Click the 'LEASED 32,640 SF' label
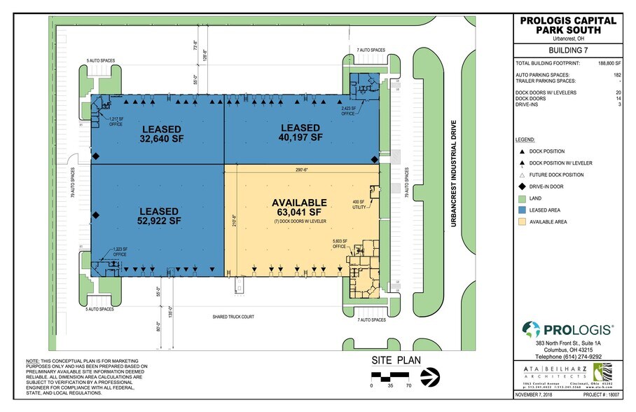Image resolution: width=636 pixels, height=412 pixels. (162, 134)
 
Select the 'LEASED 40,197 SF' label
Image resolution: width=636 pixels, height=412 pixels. (300, 132)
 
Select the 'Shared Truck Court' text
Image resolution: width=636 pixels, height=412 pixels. (233, 317)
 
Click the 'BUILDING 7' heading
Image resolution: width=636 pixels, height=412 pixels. (568, 51)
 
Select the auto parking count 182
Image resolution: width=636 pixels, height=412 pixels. (616, 74)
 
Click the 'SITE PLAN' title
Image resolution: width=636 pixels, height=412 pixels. (396, 360)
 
